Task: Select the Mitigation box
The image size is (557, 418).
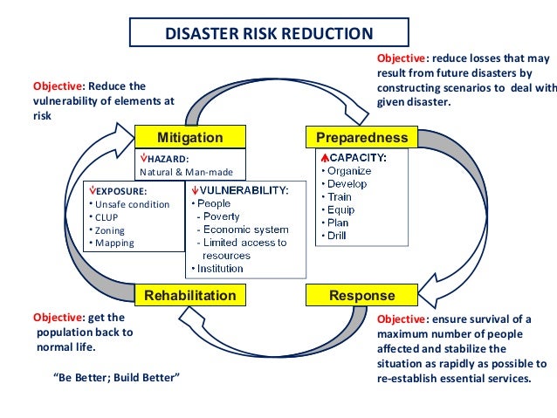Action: (x=190, y=138)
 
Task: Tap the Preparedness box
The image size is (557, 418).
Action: (x=361, y=138)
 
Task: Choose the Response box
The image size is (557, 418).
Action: (x=361, y=295)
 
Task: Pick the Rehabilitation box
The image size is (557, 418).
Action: (x=189, y=295)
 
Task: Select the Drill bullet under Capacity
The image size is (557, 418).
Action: (x=336, y=235)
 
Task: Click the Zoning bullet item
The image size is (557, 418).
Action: (x=113, y=230)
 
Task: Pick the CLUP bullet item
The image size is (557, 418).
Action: (x=109, y=217)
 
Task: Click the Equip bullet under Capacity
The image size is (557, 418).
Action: (x=337, y=209)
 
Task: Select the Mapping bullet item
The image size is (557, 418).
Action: (x=115, y=243)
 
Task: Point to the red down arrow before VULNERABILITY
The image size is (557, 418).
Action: (x=196, y=189)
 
